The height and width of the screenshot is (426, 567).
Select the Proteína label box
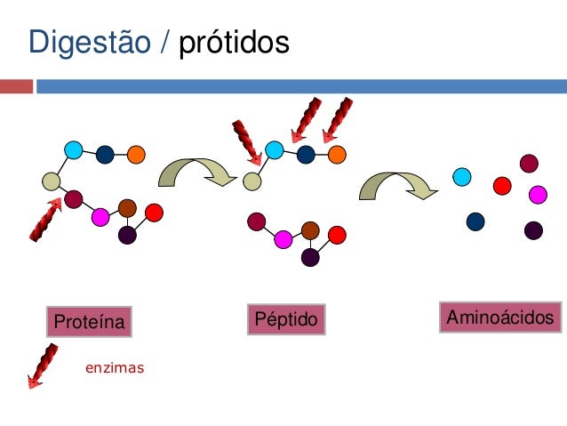[89, 321]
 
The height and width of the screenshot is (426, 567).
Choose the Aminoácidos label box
[500, 317]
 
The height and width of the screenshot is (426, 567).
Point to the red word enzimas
[114, 366]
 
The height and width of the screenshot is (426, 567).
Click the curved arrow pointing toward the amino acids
[396, 185]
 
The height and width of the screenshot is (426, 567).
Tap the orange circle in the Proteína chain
[136, 154]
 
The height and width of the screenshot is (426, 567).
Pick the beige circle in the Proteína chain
[52, 181]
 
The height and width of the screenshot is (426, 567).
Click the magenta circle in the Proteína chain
[100, 216]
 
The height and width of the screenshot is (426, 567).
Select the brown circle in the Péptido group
[310, 230]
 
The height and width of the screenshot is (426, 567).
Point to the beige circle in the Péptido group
[252, 181]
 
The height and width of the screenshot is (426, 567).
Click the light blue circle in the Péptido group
[275, 149]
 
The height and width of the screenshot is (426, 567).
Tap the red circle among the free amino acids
[502, 185]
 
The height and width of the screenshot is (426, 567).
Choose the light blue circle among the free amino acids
[461, 176]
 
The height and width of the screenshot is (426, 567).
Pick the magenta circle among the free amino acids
[538, 194]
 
